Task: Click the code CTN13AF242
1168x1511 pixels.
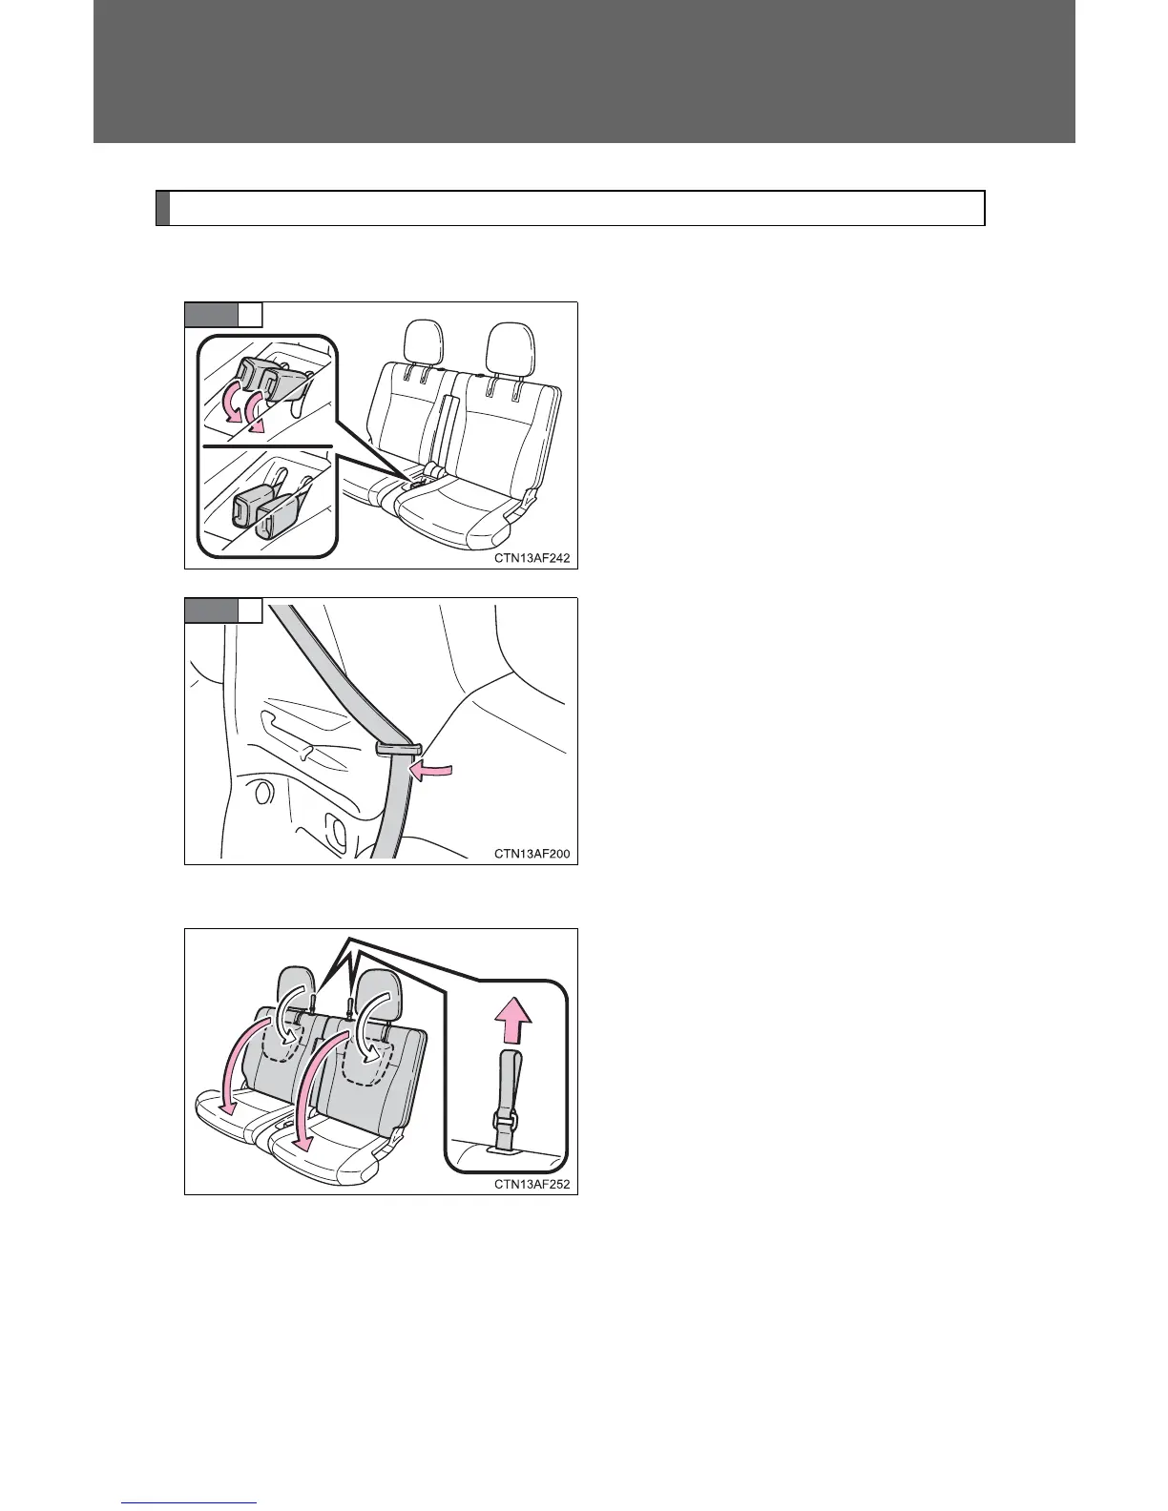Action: pos(532,558)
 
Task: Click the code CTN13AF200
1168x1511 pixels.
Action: pos(532,854)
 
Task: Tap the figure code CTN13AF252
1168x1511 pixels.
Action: pos(532,1185)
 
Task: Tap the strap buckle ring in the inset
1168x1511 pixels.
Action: pos(505,1116)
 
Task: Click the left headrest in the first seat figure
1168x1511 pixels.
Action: pos(424,342)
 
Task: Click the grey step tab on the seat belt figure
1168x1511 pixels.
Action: pos(211,611)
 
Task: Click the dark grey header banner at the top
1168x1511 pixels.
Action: pos(584,72)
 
